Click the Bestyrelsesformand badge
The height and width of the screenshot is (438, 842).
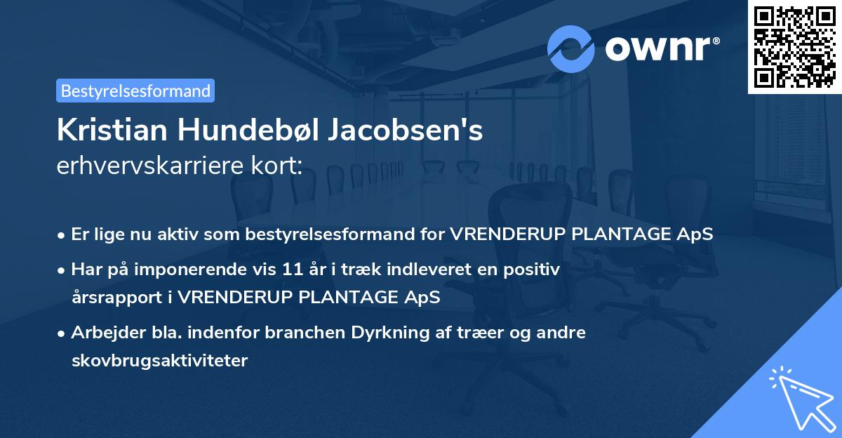coord(135,91)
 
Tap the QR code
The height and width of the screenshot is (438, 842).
coord(794,46)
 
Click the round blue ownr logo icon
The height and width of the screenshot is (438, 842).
coord(571,48)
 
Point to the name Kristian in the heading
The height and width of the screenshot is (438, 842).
coord(112,131)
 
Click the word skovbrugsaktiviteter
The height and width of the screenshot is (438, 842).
coord(159,360)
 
